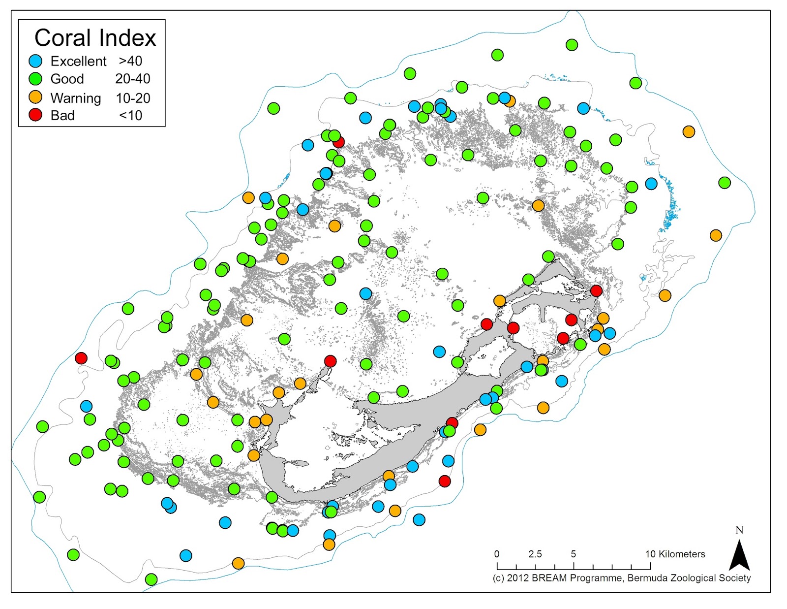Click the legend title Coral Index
click(95, 38)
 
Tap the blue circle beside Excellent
click(36, 61)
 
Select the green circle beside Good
click(36, 79)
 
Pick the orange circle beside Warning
click(36, 97)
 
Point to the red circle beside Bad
click(36, 115)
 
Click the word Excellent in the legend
click(78, 61)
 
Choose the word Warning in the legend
click(76, 98)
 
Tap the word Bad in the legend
click(62, 115)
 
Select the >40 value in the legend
click(130, 61)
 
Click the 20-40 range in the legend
click(133, 79)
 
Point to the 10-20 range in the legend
click(133, 98)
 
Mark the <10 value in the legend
click(130, 115)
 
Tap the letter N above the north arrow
click(739, 530)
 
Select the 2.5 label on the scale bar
click(535, 554)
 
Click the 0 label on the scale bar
click(497, 554)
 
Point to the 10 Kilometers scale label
click(675, 554)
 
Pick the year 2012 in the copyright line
click(517, 578)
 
